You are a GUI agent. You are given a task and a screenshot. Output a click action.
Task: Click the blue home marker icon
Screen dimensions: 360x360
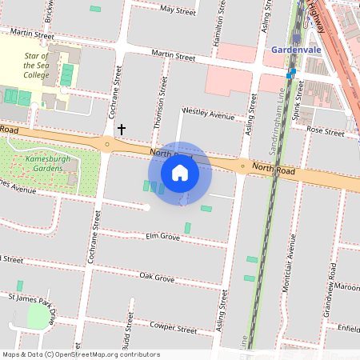click(180, 173)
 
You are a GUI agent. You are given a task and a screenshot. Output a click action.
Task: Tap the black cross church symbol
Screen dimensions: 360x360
click(122, 128)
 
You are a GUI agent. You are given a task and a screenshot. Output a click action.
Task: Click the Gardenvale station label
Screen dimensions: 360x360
click(295, 50)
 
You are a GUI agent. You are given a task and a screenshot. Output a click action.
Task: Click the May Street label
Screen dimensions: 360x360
click(178, 10)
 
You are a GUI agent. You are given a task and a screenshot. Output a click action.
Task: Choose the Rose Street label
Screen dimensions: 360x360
click(325, 130)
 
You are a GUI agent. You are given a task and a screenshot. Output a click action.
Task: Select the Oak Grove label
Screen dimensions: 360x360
click(157, 278)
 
